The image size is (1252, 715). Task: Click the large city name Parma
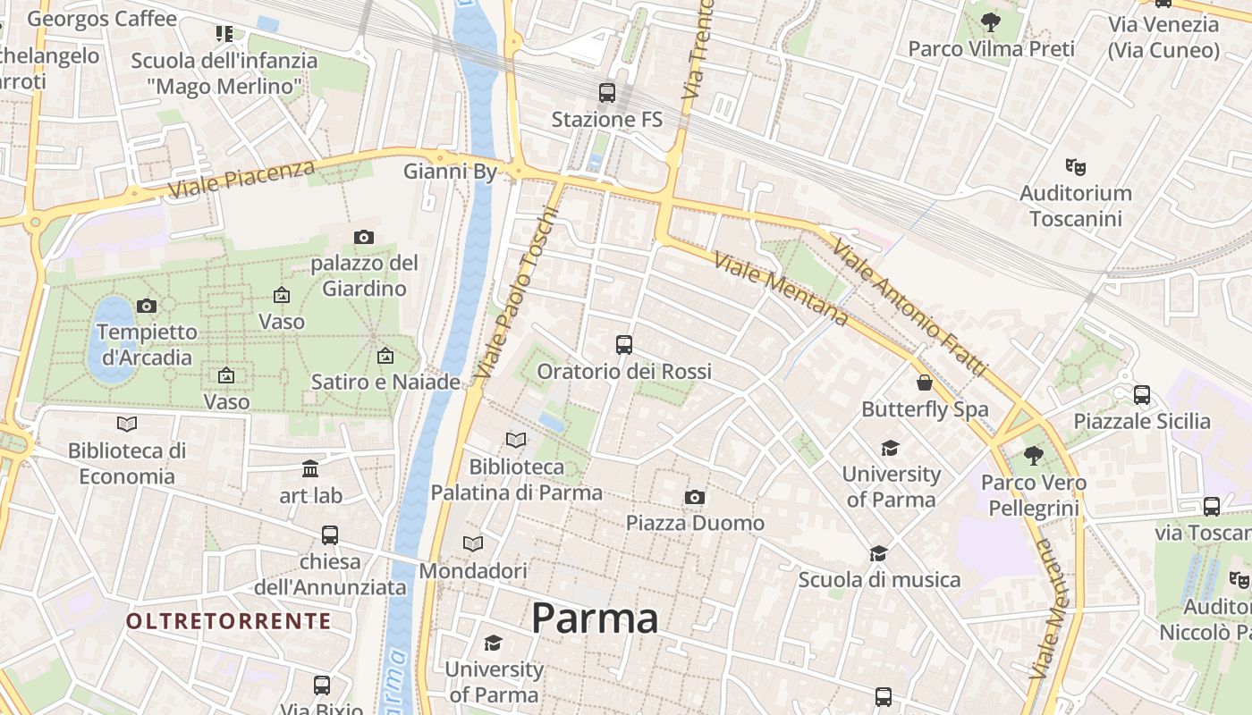[595, 618]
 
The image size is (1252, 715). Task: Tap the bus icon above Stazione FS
[607, 92]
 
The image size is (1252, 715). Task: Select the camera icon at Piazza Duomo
[695, 497]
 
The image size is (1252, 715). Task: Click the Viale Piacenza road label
[241, 179]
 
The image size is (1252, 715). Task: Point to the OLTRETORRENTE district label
[228, 621]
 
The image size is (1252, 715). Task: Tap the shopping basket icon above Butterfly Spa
[925, 383]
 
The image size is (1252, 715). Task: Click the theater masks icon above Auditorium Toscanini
[1076, 166]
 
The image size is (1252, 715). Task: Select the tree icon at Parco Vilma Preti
[990, 22]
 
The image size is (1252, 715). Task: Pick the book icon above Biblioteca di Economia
[127, 424]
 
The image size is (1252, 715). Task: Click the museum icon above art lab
[310, 468]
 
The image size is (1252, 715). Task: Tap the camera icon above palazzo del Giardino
[363, 237]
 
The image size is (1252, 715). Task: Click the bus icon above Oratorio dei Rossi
[624, 344]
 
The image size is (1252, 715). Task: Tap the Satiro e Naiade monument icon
[385, 356]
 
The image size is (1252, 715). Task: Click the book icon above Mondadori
[473, 543]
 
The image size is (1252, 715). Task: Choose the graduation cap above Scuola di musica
[878, 553]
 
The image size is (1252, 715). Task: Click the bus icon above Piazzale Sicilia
[1141, 394]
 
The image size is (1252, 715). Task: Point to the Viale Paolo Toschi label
[517, 291]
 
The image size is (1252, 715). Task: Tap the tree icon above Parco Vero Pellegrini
[1033, 456]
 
